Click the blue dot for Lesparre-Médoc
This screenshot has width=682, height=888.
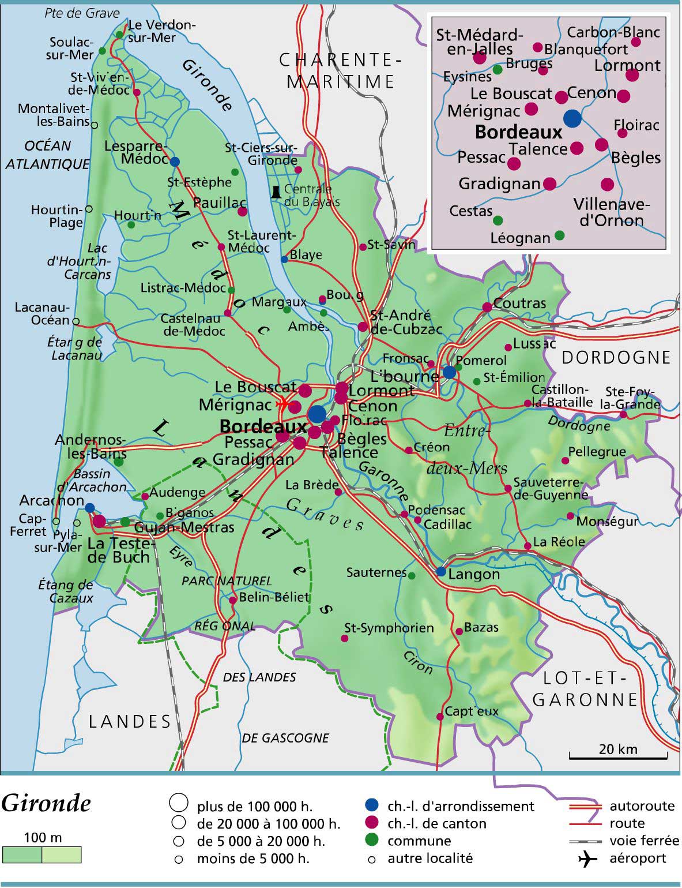tap(175, 162)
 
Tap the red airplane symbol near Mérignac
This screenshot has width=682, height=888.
tap(282, 404)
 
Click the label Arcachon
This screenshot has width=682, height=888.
tap(52, 500)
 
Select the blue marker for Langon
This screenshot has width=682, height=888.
tap(441, 572)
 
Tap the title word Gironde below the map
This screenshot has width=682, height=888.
tap(46, 803)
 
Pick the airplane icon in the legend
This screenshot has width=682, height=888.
tap(587, 859)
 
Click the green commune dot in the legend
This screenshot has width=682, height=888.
tap(372, 841)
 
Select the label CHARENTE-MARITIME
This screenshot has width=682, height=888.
tap(340, 70)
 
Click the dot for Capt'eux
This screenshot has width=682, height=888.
tap(440, 717)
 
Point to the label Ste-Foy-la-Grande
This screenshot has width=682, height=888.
tap(632, 399)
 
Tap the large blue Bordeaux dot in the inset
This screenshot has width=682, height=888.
tap(572, 118)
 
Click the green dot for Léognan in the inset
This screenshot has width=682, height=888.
tap(559, 235)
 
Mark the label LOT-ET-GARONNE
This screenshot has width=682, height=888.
tap(585, 690)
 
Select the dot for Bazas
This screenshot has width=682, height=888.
tap(459, 631)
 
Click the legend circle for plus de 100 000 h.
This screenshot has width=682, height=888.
tap(179, 803)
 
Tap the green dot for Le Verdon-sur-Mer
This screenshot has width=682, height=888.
tap(119, 35)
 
